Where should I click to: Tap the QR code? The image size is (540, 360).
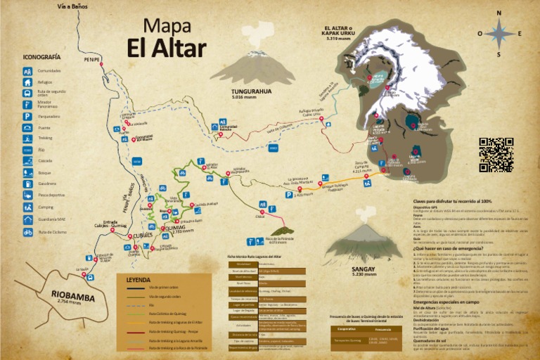point(496,155)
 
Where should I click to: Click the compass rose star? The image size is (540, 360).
point(499,32)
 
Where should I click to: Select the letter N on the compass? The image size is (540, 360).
point(499,13)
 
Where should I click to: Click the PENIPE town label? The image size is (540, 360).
point(91,59)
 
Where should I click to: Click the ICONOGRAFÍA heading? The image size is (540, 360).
point(41,57)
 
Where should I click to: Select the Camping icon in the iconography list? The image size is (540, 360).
point(27,207)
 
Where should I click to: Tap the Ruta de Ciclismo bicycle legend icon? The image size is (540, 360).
point(27,231)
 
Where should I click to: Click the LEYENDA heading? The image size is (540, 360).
point(138,279)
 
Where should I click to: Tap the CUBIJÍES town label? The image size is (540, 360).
point(143,236)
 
